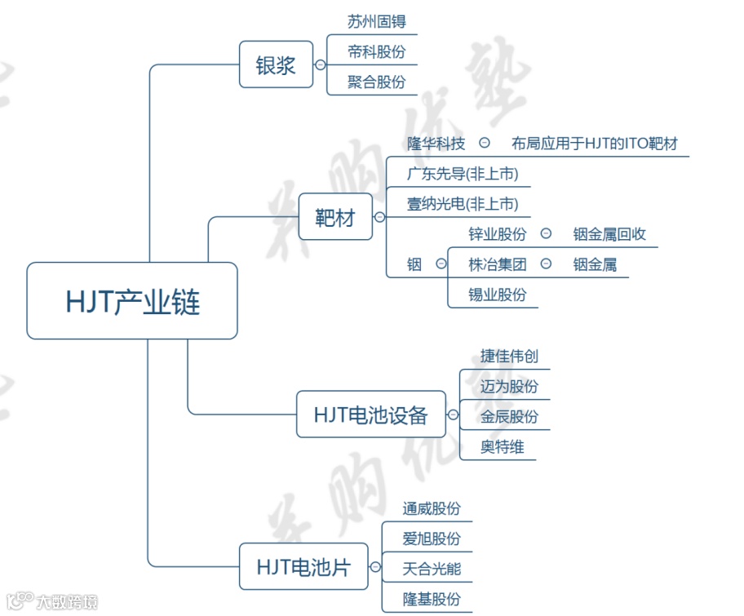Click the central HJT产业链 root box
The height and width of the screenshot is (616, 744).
[132, 301]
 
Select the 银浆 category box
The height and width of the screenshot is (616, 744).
[276, 64]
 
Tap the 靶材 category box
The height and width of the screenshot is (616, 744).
[335, 217]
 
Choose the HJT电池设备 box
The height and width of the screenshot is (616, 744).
[370, 414]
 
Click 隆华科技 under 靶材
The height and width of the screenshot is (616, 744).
[436, 144]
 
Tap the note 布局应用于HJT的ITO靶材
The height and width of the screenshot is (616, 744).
[595, 144]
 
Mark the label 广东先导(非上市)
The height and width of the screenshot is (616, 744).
[463, 174]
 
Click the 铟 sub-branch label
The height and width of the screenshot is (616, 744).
[414, 264]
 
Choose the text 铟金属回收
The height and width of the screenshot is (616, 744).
[609, 234]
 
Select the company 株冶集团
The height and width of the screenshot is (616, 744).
[498, 264]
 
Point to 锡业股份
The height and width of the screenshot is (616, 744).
[498, 295]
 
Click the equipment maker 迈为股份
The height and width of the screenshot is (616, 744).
[509, 386]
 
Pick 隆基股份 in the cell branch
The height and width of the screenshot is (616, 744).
[432, 599]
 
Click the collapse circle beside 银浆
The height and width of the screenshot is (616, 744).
[321, 64]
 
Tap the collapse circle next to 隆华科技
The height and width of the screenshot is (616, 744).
[485, 144]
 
